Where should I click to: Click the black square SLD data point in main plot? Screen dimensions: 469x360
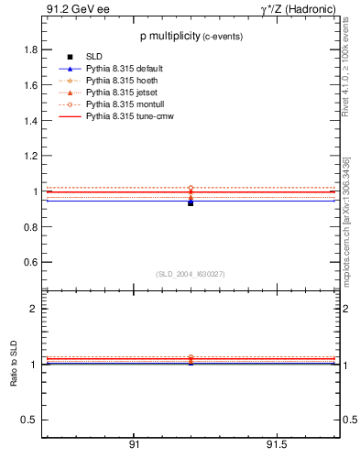(191, 202)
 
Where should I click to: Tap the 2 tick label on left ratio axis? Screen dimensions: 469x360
(33, 310)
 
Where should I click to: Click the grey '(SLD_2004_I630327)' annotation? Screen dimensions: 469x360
(191, 274)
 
